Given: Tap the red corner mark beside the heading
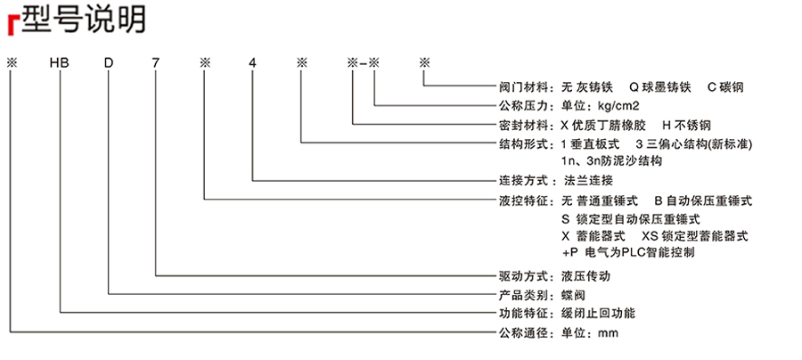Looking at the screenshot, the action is (12, 26).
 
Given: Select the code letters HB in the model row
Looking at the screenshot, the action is (59, 63).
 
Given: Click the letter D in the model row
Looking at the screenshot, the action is (109, 63).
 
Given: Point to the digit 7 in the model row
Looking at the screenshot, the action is (156, 63).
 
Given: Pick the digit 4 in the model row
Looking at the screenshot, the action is (252, 63).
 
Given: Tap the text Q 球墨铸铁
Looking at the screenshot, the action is (659, 87).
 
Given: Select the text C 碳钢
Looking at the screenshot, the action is (725, 87).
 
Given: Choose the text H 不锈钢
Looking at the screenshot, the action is (686, 126).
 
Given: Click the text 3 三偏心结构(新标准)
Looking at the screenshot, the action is (694, 143).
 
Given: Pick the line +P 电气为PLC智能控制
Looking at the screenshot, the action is (628, 252).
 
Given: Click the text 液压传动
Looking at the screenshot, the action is (586, 276).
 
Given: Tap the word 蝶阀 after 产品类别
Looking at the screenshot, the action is (573, 296).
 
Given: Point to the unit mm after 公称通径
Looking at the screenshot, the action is (608, 334).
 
